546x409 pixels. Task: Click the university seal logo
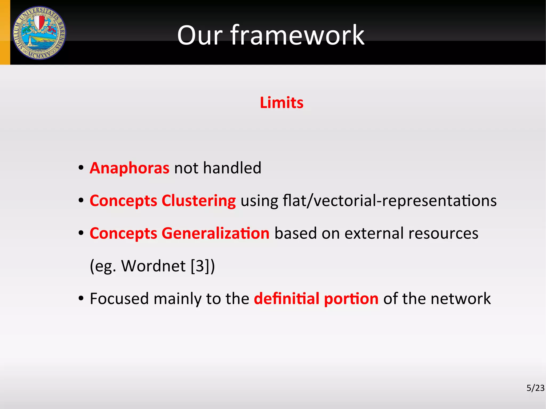39,33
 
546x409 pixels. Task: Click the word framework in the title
297,35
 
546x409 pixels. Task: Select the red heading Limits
282,103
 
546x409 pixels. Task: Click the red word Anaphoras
130,168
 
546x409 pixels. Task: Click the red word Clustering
199,201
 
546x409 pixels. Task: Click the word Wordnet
153,266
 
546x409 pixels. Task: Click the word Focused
119,298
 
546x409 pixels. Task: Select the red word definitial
287,298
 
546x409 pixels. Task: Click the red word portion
351,299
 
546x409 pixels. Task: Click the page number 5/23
535,388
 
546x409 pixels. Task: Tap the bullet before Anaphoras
81,168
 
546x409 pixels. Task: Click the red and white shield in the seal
39,22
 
